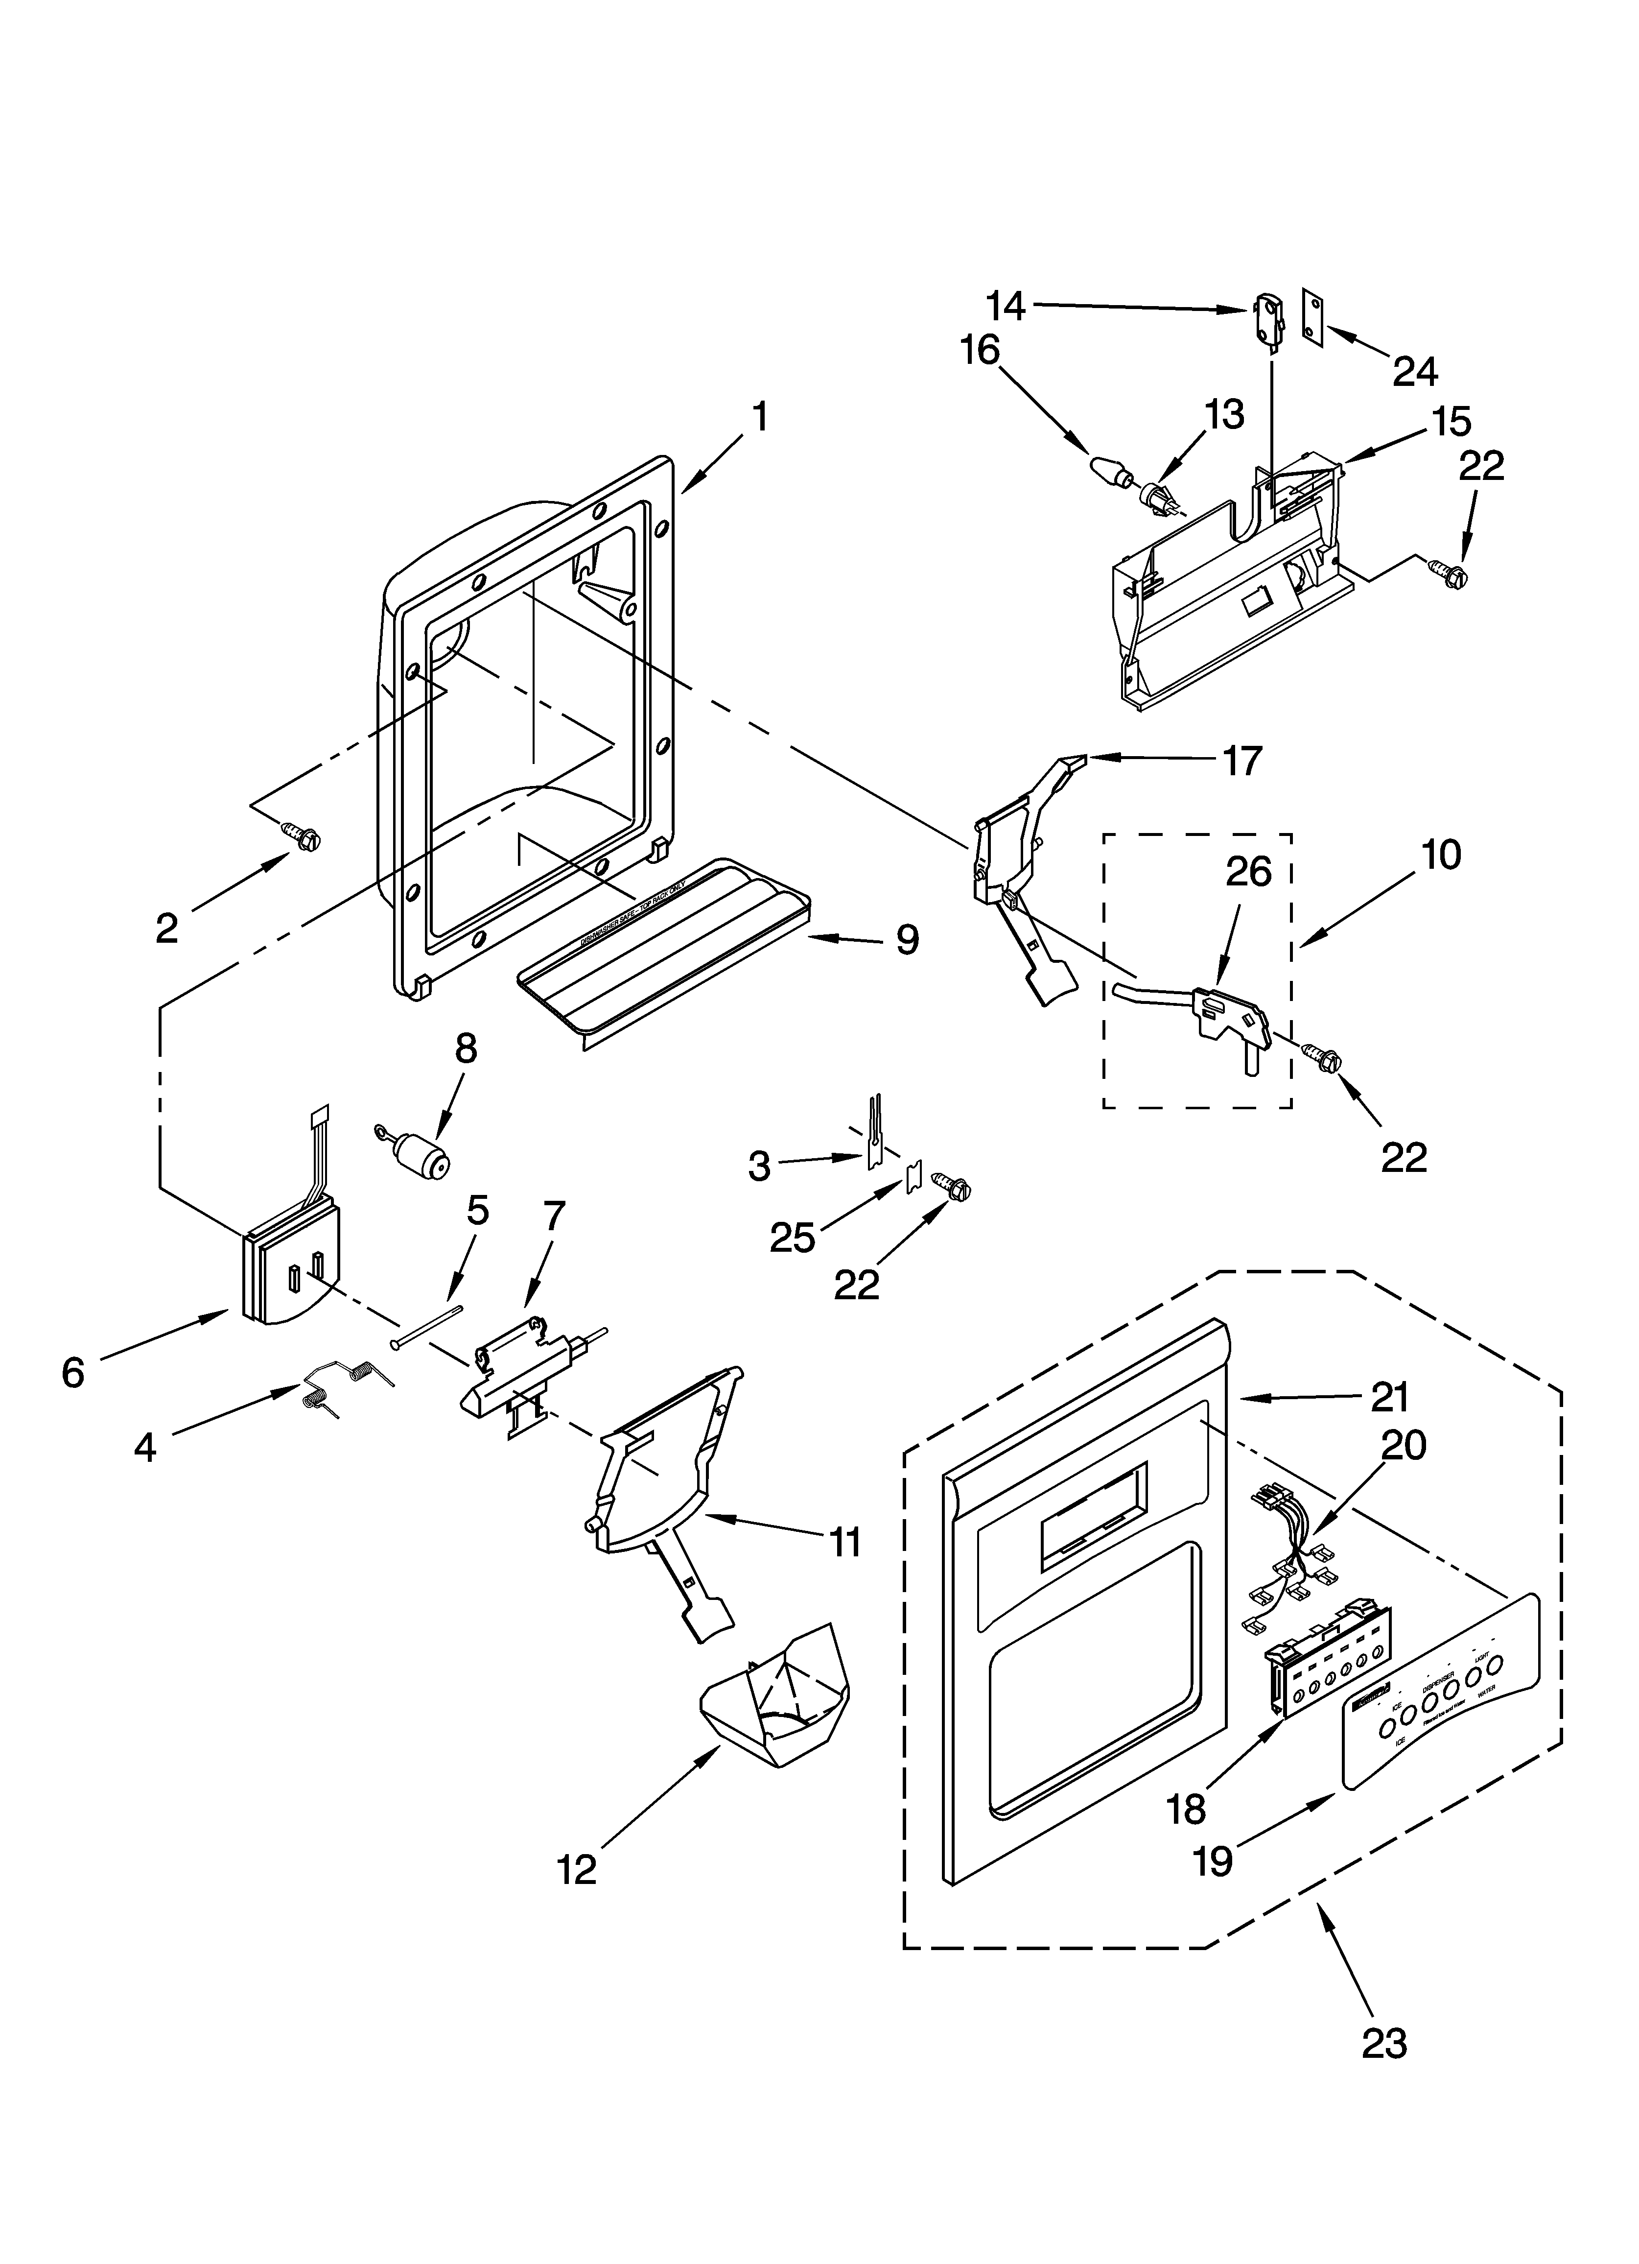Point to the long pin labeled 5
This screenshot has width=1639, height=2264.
427,1326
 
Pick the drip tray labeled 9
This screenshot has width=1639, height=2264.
664,958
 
